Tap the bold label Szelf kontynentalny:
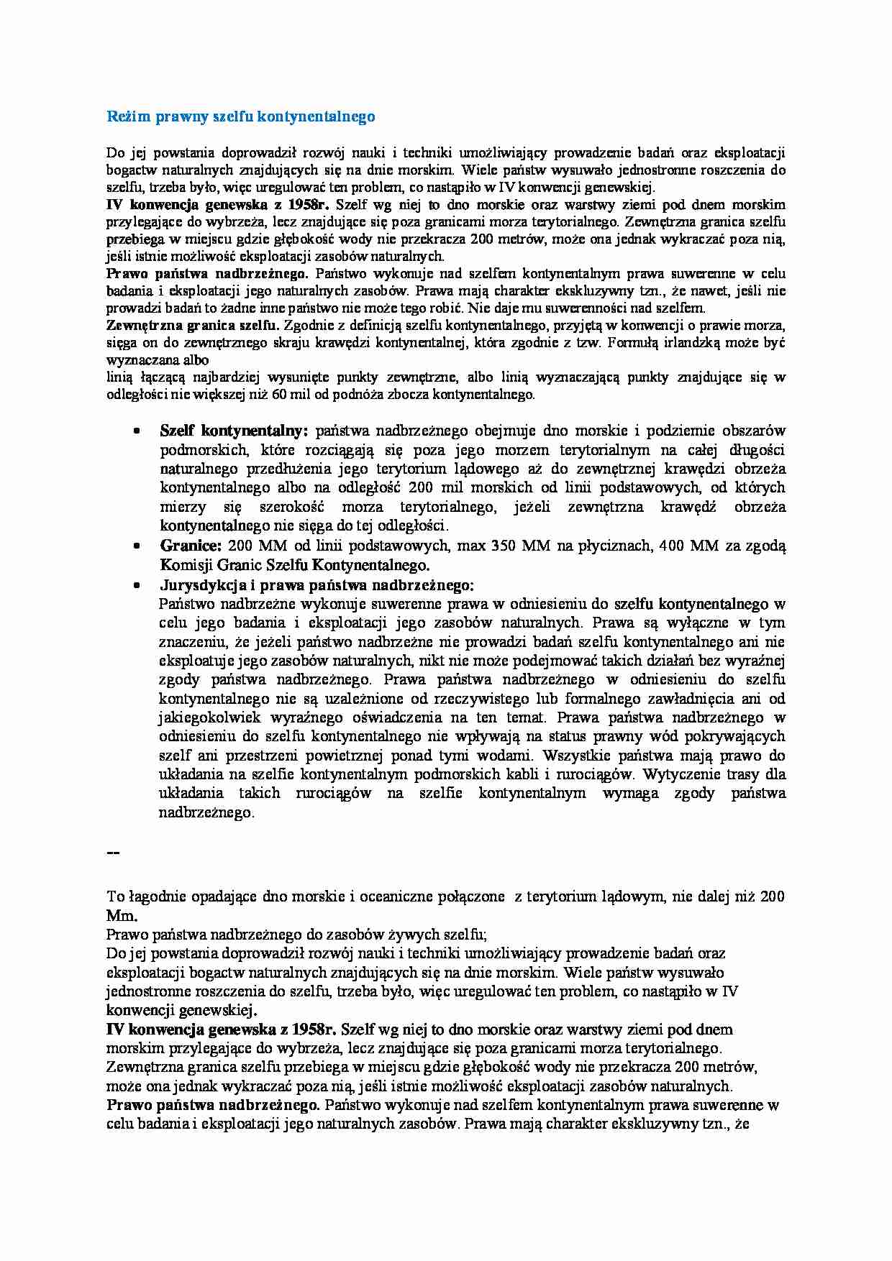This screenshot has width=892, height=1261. coord(234,431)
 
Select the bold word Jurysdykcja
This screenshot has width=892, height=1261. coord(201,585)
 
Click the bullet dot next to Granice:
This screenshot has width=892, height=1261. coord(136,546)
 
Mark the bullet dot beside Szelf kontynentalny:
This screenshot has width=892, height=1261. coord(136,431)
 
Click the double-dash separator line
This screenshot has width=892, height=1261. coord(113,853)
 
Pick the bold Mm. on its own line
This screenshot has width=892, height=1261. coord(121,916)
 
